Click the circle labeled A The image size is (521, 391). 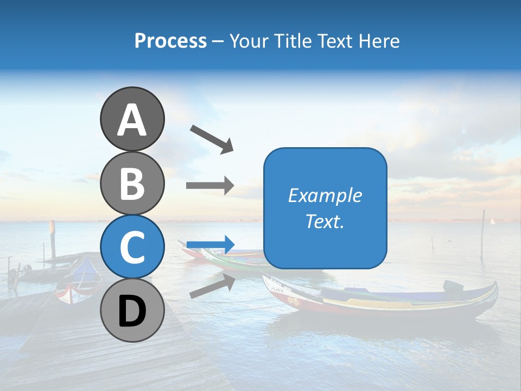coord(132,119)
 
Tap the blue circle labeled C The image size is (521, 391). coord(132,247)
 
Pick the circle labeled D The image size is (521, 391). coord(132,310)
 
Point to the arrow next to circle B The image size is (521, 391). coord(210,186)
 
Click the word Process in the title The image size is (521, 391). coord(170,41)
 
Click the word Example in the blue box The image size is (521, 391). coord(325,195)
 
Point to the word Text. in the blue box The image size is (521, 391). coord(325,221)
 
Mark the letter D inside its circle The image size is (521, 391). coord(132,311)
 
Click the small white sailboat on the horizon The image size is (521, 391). coord(493,221)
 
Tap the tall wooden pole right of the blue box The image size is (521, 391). coord(482,234)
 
